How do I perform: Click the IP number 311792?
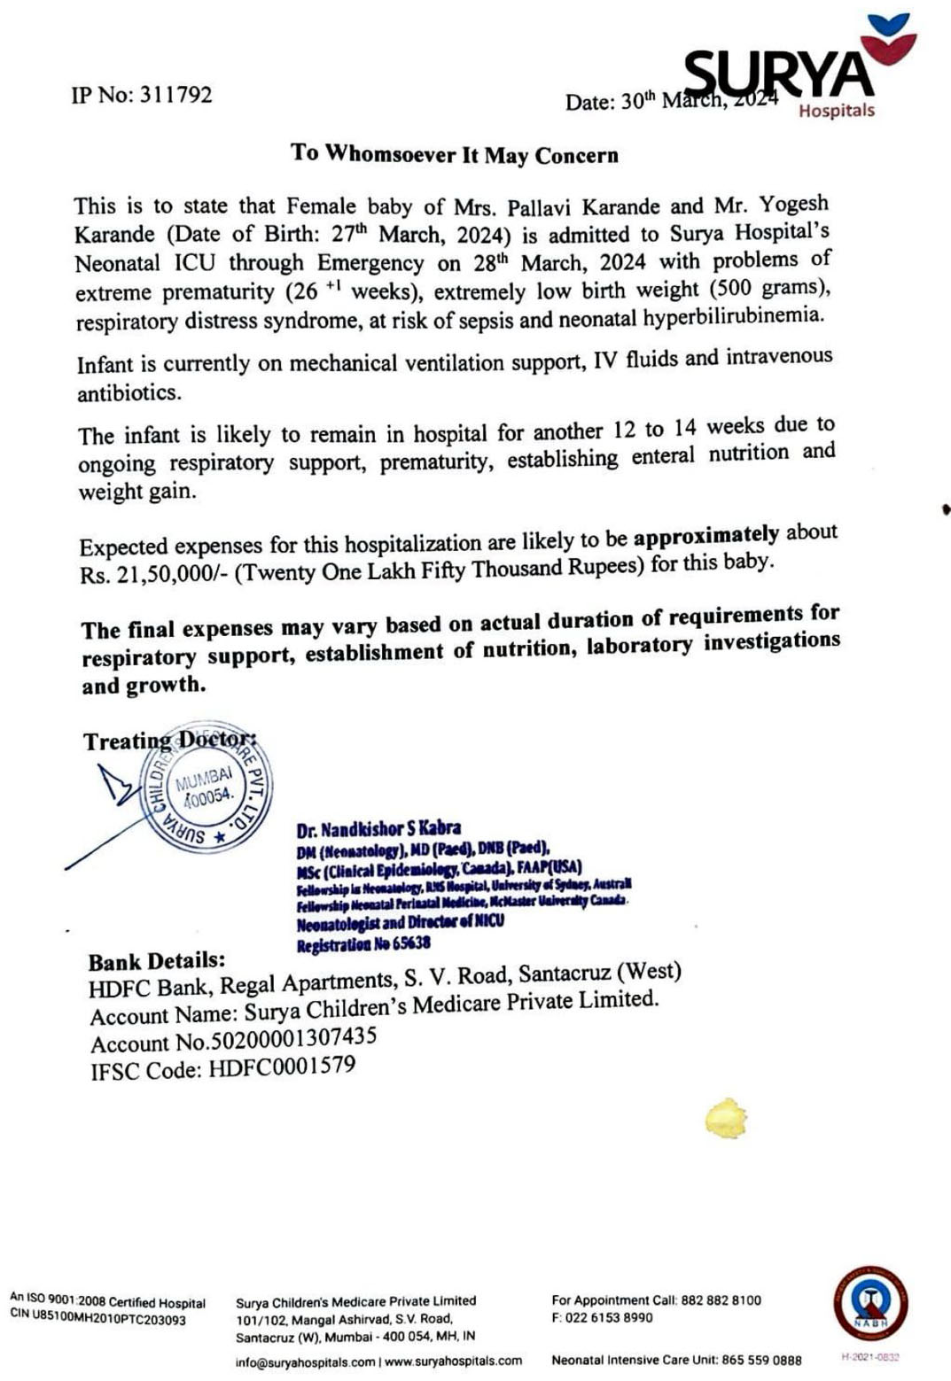[x=175, y=95]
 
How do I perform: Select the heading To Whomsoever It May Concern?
[x=454, y=154]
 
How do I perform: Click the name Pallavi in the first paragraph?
[x=542, y=207]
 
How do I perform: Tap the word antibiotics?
[x=129, y=392]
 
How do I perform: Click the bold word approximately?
[x=705, y=536]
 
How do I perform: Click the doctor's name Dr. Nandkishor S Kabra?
[x=378, y=830]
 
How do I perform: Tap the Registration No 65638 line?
[x=363, y=943]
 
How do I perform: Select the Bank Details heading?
[x=157, y=961]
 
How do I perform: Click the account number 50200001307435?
[x=296, y=1037]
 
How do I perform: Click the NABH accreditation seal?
[x=869, y=1302]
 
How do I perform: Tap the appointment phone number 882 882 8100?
[x=721, y=1300]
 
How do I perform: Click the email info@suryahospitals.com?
[x=305, y=1362]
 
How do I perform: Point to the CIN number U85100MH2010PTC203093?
[x=110, y=1320]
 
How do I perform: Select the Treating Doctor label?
[x=169, y=741]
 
